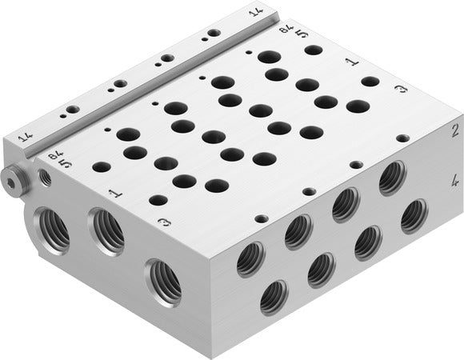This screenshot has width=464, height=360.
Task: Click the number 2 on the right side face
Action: pos(454,129)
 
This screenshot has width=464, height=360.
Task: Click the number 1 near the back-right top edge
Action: pos(350,61)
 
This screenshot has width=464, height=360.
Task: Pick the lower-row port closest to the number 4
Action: pos(413,214)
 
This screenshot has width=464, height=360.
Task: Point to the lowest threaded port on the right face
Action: pos(273,298)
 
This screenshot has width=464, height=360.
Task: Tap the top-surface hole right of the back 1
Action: pos(370,82)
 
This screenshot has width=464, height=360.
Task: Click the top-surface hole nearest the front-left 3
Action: pos(158,200)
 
